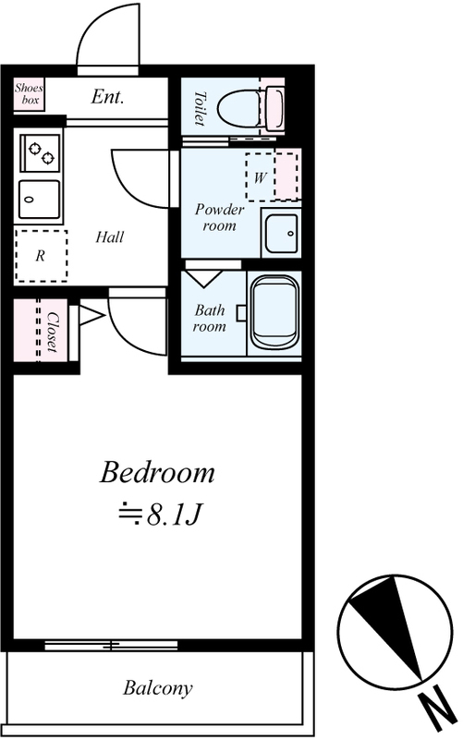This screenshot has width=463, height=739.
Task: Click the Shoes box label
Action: pyautogui.click(x=29, y=93)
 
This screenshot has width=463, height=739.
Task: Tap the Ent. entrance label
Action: pyautogui.click(x=107, y=97)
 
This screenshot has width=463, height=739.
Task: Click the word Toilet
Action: pyautogui.click(x=200, y=108)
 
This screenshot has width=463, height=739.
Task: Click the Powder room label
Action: pyautogui.click(x=219, y=217)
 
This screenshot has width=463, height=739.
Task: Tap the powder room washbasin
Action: pyautogui.click(x=281, y=234)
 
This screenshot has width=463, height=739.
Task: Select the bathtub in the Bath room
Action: pyautogui.click(x=275, y=313)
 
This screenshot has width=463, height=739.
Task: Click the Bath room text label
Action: pyautogui.click(x=210, y=318)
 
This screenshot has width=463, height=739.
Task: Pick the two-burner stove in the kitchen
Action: pyautogui.click(x=40, y=152)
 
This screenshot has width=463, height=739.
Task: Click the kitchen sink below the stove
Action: pyautogui.click(x=40, y=200)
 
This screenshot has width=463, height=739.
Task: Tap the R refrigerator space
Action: pyautogui.click(x=41, y=256)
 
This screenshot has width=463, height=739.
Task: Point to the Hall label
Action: pyautogui.click(x=109, y=236)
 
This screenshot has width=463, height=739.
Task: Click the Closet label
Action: pyautogui.click(x=53, y=332)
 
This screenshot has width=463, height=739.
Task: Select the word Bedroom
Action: pyautogui.click(x=157, y=472)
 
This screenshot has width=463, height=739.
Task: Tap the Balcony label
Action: pyautogui.click(x=158, y=688)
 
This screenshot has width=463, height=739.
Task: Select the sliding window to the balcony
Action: pyautogui.click(x=111, y=645)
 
